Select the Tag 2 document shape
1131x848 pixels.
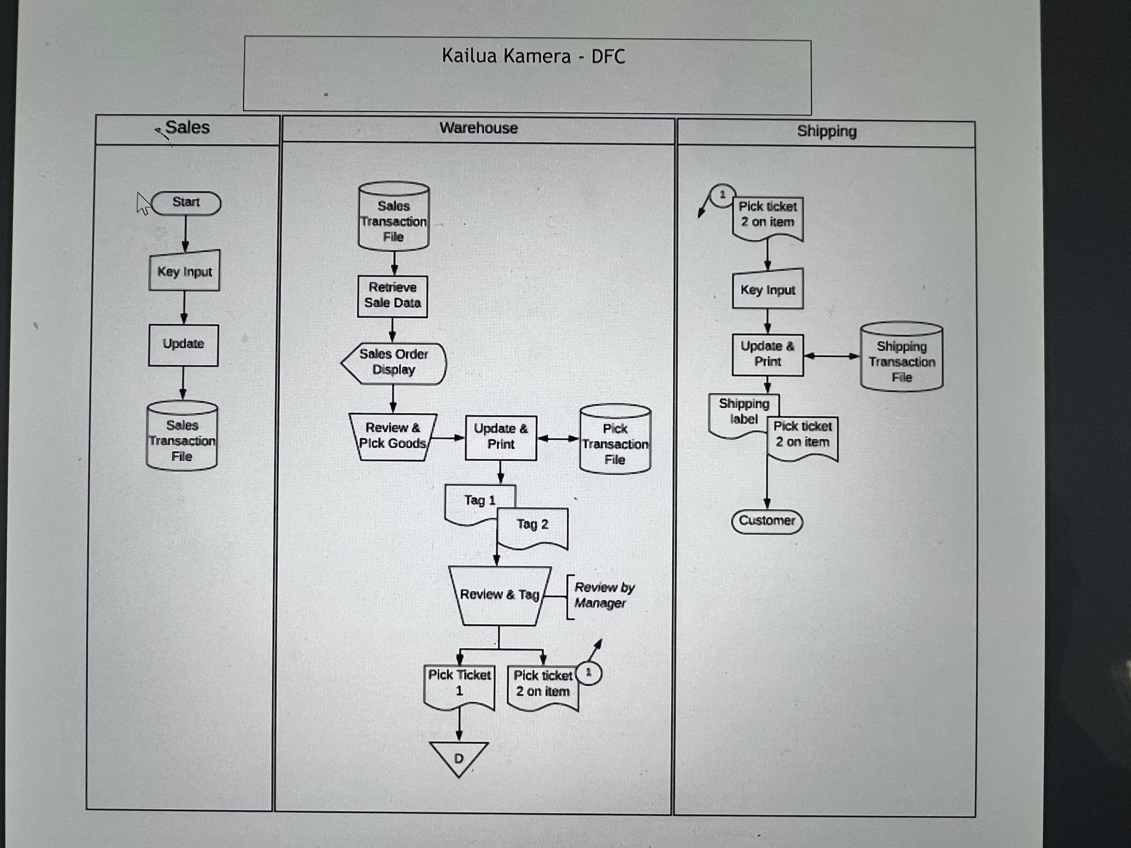point(533,526)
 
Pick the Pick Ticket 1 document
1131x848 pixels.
point(459,685)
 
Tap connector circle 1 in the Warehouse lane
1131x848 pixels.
point(589,673)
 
